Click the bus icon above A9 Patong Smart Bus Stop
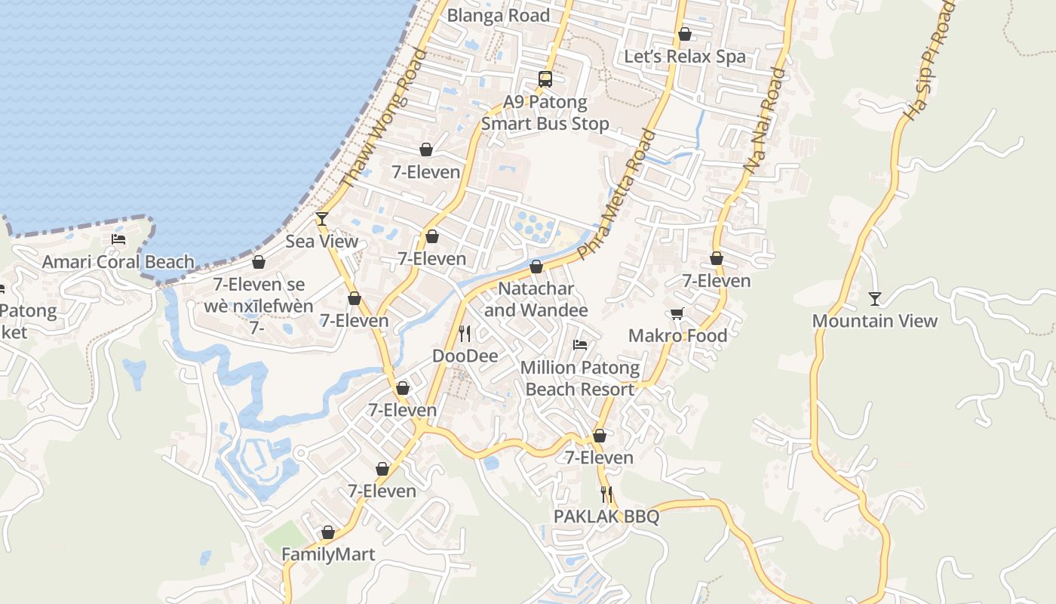[x=545, y=79]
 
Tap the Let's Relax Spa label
[x=685, y=57]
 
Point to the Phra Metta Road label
[x=616, y=194]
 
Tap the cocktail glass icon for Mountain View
[x=874, y=299]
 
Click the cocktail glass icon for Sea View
[x=322, y=219]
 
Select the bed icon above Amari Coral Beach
[x=118, y=239]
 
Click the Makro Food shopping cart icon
[x=677, y=313]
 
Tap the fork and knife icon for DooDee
[x=465, y=333]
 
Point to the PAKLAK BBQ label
[x=606, y=516]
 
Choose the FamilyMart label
[x=328, y=555]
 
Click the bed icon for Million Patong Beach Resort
[x=579, y=345]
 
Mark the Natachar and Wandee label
[x=536, y=300]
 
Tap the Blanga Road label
[x=499, y=16]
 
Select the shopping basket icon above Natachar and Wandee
[x=536, y=267]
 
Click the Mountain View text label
[x=875, y=321]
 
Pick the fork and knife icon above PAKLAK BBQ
[x=606, y=495]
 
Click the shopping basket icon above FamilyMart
[x=328, y=533]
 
